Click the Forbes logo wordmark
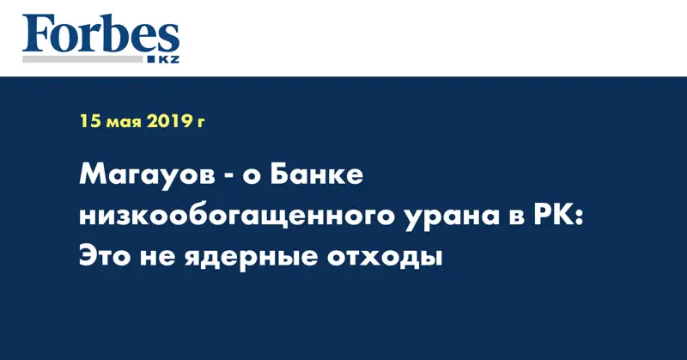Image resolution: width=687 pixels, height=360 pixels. click(x=100, y=34)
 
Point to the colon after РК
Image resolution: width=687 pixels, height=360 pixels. click(x=576, y=217)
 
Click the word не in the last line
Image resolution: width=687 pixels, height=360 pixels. click(x=162, y=255)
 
